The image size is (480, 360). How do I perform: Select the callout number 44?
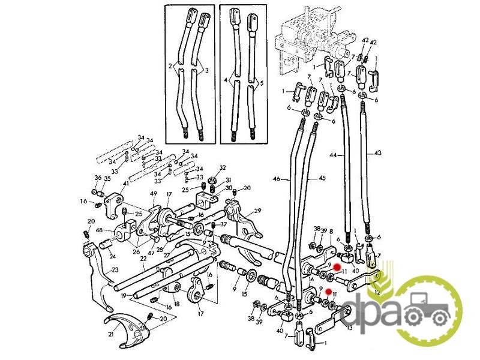[x=332, y=156]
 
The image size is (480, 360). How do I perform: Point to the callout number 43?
[x=377, y=154]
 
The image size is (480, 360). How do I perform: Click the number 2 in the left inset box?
[x=170, y=65]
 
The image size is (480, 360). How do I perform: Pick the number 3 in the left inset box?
[x=207, y=71]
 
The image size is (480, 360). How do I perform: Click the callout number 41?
[x=126, y=184]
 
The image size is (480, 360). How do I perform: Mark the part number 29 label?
[x=258, y=211]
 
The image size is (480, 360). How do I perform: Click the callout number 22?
[x=143, y=259]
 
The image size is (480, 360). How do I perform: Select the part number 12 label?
[x=377, y=292]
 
